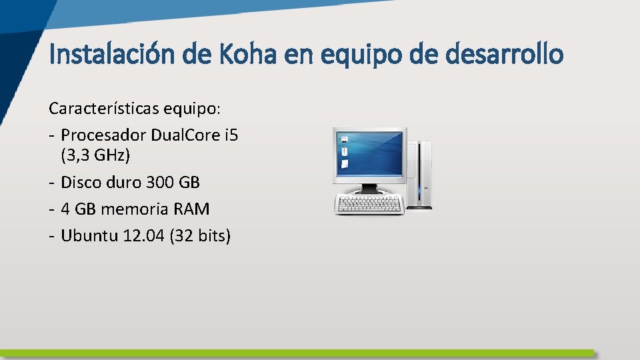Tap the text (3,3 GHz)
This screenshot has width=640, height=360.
tap(95, 155)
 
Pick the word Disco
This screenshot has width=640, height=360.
tap(80, 182)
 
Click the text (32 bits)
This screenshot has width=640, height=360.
tap(200, 236)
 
